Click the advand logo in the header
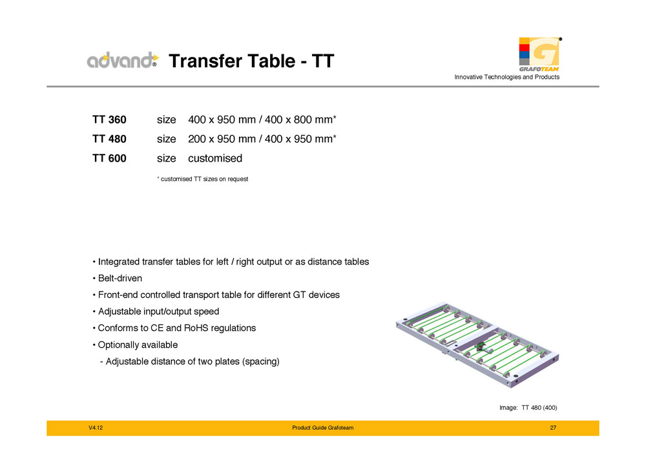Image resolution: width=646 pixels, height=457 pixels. pyautogui.click(x=122, y=61)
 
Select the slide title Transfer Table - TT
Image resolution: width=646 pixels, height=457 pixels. pyautogui.click(x=251, y=61)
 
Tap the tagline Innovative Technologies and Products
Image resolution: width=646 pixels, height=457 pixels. pyautogui.click(x=506, y=78)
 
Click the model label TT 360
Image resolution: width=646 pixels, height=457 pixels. pyautogui.click(x=110, y=120)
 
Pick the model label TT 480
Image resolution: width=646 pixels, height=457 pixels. pyautogui.click(x=110, y=139)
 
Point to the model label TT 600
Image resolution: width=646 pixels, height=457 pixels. pyautogui.click(x=110, y=158)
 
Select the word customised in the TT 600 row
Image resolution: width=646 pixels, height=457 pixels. pyautogui.click(x=214, y=158)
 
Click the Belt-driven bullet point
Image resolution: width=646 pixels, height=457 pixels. pyautogui.click(x=117, y=279)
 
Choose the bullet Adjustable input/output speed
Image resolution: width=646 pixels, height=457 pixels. pyautogui.click(x=156, y=312)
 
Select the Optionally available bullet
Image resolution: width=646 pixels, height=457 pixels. pyautogui.click(x=135, y=345)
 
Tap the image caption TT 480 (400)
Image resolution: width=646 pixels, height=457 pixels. pyautogui.click(x=528, y=408)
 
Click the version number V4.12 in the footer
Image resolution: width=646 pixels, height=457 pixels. pyautogui.click(x=96, y=429)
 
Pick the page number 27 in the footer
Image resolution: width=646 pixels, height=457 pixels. pyautogui.click(x=553, y=429)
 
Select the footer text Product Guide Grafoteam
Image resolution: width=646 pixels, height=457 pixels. pyautogui.click(x=322, y=429)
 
